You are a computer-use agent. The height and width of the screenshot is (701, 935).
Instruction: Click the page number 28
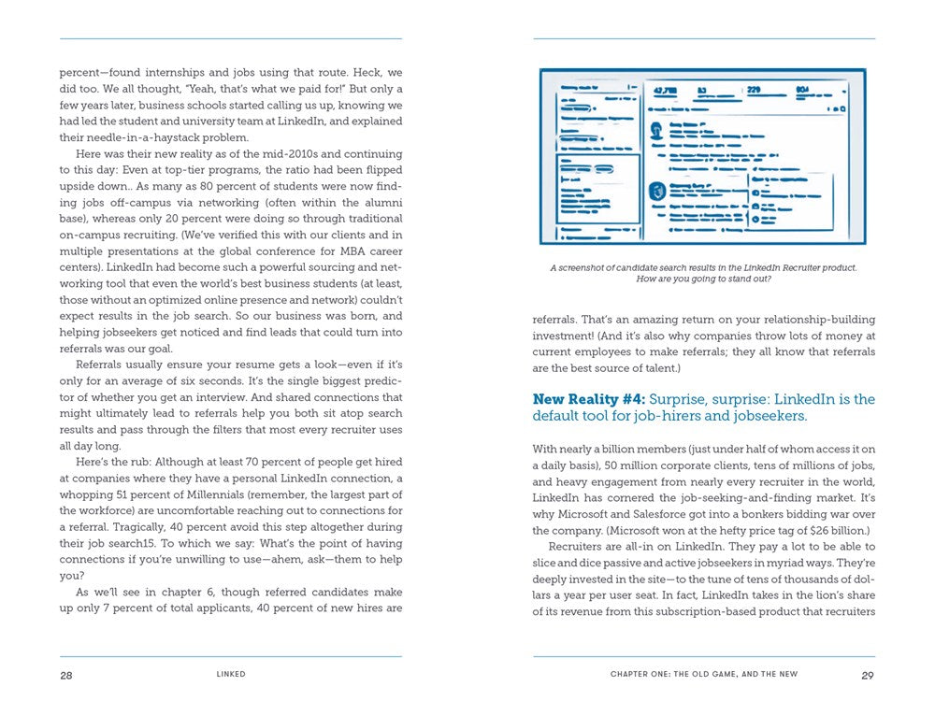65,675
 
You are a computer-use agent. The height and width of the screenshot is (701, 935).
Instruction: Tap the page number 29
868,675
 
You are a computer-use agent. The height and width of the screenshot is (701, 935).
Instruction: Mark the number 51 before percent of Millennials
131,494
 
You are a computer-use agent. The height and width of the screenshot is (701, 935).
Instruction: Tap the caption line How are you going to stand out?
703,279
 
